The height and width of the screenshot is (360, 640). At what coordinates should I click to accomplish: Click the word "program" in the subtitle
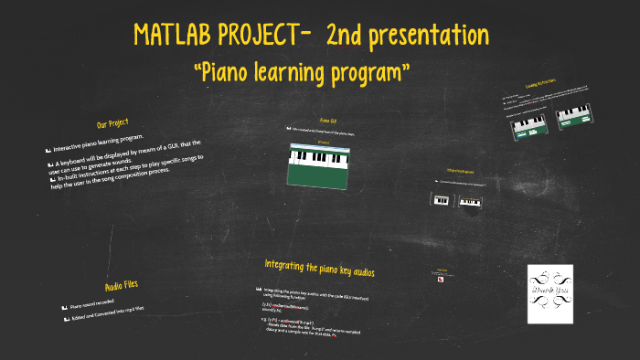click(x=367, y=71)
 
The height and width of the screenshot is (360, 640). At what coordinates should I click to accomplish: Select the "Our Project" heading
click(x=112, y=122)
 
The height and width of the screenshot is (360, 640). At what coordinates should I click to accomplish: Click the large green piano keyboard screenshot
click(x=320, y=165)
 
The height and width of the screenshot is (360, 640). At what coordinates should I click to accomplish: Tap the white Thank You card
click(x=550, y=293)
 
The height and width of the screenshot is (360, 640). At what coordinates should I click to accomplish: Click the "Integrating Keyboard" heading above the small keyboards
click(x=459, y=171)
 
